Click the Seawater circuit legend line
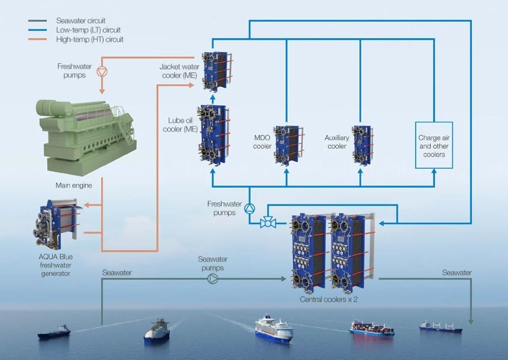pos(38,21)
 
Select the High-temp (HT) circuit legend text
pos(90,40)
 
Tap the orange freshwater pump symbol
pos(102,72)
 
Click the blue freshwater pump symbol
pos(250,209)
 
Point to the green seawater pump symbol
pos(212,278)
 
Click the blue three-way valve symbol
pos(268,223)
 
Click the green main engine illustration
pos(86,136)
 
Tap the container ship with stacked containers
pos(371,328)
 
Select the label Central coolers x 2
pos(329,299)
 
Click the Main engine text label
pos(74,185)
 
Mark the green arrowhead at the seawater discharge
pos(471,321)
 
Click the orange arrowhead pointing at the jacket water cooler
pos(191,85)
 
